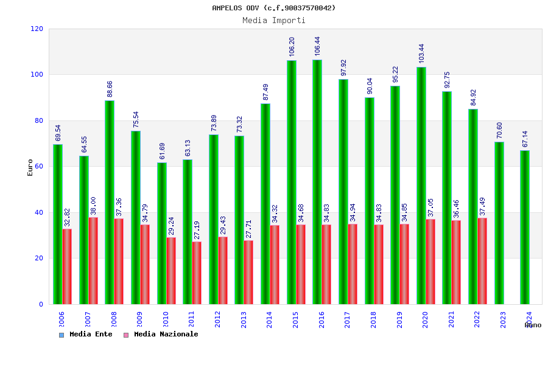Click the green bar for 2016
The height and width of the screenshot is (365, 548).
pos(317,182)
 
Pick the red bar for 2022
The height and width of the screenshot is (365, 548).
pos(483,261)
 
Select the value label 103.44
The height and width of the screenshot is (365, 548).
pos(421,54)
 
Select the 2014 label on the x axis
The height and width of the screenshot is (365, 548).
pos(270,319)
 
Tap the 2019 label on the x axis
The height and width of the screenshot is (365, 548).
pos(399,319)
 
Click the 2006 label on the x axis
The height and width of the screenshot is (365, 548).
pos(61,319)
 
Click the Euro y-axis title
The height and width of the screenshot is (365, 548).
pos(30,167)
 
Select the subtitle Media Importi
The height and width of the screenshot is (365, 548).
pos(274,20)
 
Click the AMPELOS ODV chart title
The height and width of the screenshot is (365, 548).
pos(274,8)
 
